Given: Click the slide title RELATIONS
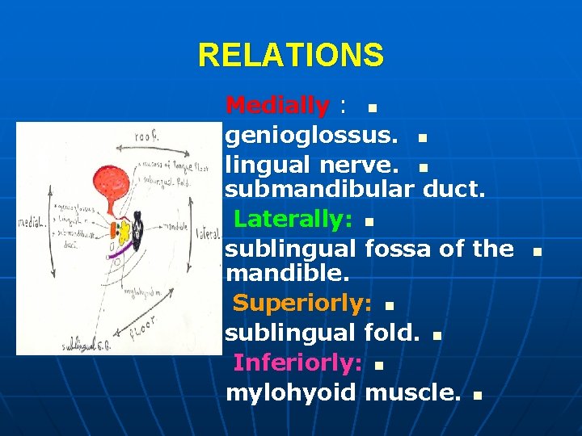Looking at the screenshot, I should [x=291, y=56].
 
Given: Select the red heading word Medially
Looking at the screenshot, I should [x=277, y=105].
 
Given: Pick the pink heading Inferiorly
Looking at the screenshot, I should [x=297, y=363].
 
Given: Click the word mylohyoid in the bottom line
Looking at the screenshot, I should [x=290, y=393].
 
